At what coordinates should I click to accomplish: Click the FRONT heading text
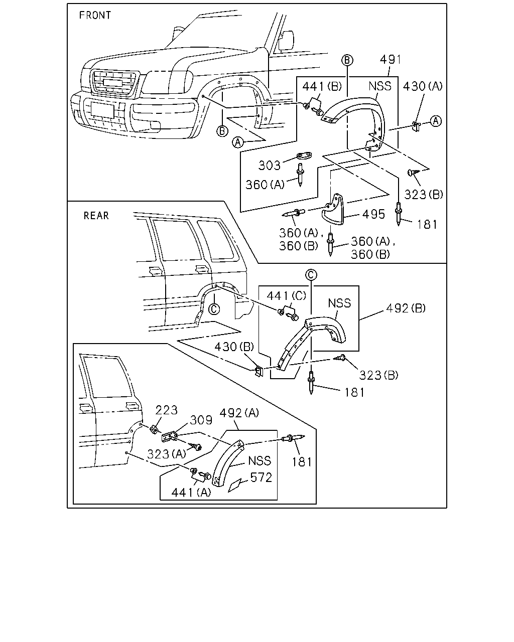(x=95, y=15)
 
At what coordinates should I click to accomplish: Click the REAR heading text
(x=96, y=216)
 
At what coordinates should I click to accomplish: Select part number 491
(x=391, y=60)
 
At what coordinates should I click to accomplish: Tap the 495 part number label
(x=373, y=214)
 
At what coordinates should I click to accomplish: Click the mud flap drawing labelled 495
(x=333, y=209)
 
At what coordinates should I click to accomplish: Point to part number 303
(x=270, y=166)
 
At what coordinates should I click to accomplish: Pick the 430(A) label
(x=423, y=86)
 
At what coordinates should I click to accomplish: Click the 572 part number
(x=261, y=477)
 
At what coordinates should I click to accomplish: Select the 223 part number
(x=166, y=410)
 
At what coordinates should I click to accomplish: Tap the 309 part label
(x=201, y=420)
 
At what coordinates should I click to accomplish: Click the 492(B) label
(x=406, y=308)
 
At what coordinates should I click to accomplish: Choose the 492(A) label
(x=239, y=413)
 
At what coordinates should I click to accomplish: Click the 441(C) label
(x=287, y=295)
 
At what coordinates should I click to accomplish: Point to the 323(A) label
(x=167, y=454)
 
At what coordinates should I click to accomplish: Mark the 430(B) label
(x=234, y=347)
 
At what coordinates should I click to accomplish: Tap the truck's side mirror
(x=286, y=41)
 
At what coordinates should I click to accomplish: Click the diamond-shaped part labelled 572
(x=235, y=485)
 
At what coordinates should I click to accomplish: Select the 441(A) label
(x=191, y=493)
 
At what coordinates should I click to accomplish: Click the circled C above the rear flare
(x=311, y=275)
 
